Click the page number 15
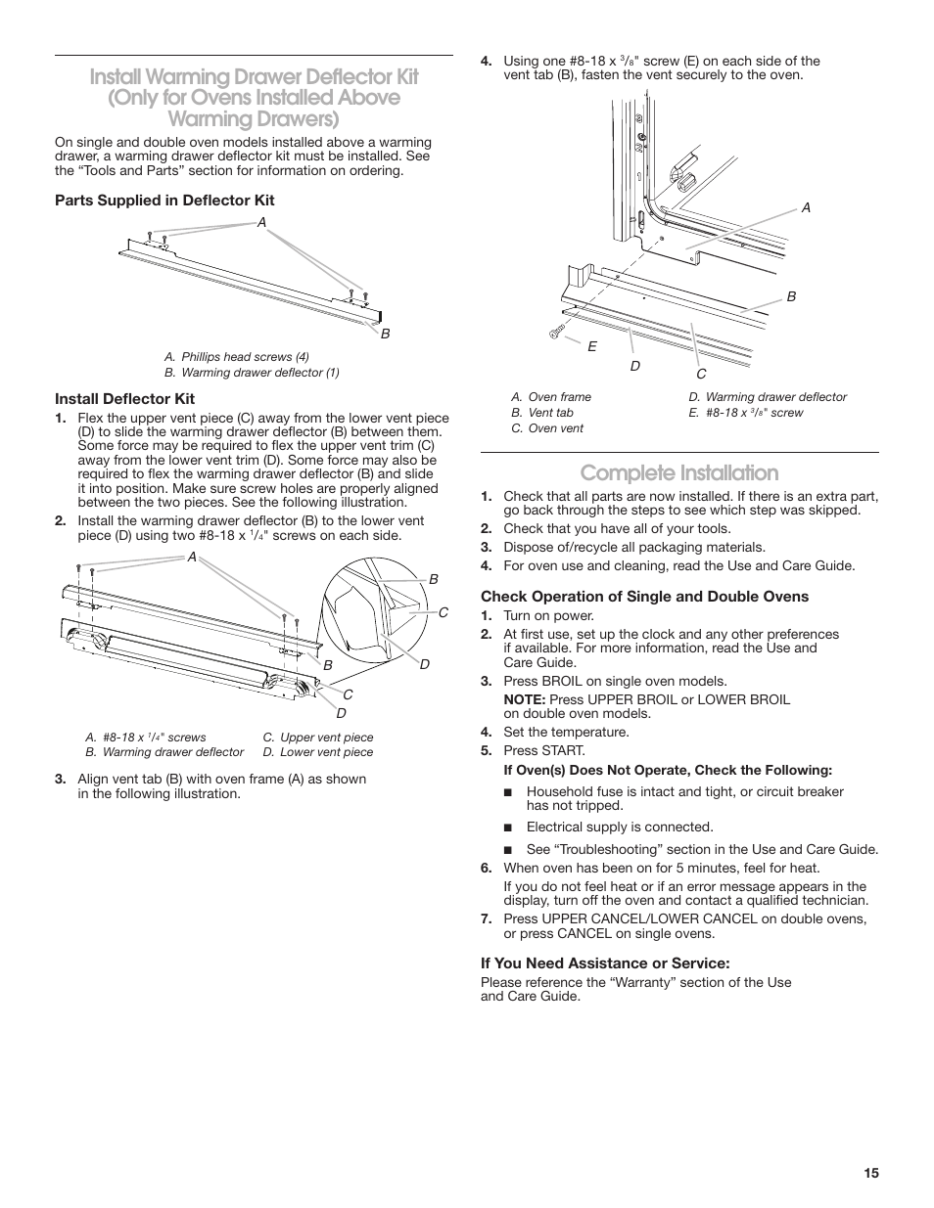871,1174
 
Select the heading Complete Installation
678,472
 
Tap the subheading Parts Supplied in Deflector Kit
164,201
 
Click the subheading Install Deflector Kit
124,399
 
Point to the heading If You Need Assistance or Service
605,963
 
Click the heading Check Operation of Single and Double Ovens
644,597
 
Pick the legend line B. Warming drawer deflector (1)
252,373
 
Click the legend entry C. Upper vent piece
317,738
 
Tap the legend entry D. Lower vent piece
317,752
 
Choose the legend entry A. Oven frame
551,397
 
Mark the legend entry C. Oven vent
547,428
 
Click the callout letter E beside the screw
592,346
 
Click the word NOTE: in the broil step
525,699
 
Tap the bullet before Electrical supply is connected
509,828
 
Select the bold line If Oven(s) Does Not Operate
668,770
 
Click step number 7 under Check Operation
485,918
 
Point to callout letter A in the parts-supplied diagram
261,222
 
